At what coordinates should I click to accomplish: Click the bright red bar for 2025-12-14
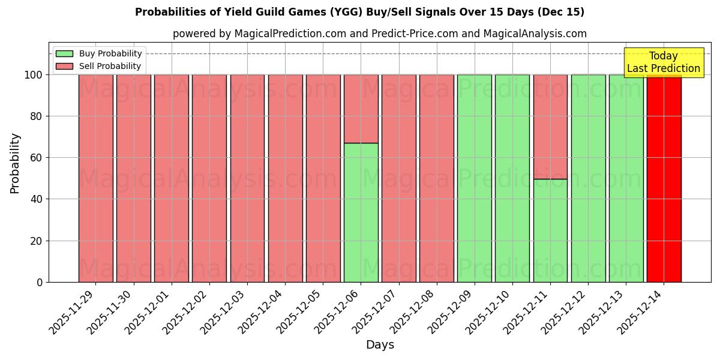click(664, 180)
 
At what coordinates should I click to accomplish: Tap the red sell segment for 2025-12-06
click(361, 109)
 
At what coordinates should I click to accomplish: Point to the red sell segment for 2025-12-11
click(550, 127)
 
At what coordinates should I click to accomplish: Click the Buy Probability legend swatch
click(64, 54)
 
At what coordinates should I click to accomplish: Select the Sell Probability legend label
click(110, 67)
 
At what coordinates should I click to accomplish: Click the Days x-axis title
click(380, 345)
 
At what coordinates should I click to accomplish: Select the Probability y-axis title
click(15, 163)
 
